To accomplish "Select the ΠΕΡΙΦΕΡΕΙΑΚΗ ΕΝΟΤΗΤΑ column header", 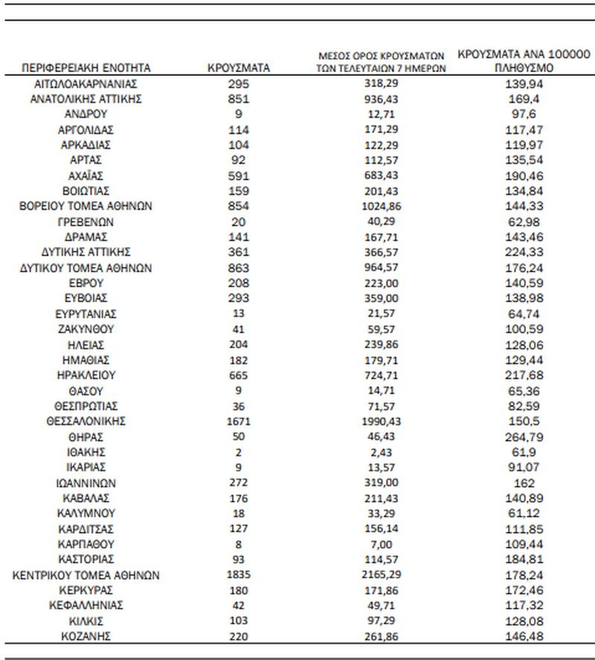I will pyautogui.click(x=87, y=68).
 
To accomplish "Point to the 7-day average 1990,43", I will pyautogui.click(x=381, y=421).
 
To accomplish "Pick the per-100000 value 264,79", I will pyautogui.click(x=524, y=437).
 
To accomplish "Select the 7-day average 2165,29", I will pyautogui.click(x=381, y=575).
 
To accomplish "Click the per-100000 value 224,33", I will pyautogui.click(x=524, y=252).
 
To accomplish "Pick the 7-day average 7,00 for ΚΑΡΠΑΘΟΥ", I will pyautogui.click(x=381, y=544).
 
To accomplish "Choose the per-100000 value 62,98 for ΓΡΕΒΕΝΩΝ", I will pyautogui.click(x=524, y=222).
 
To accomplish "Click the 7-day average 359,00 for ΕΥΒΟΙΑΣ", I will pyautogui.click(x=381, y=298).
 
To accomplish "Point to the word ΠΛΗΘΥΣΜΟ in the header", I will pyautogui.click(x=524, y=68).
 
